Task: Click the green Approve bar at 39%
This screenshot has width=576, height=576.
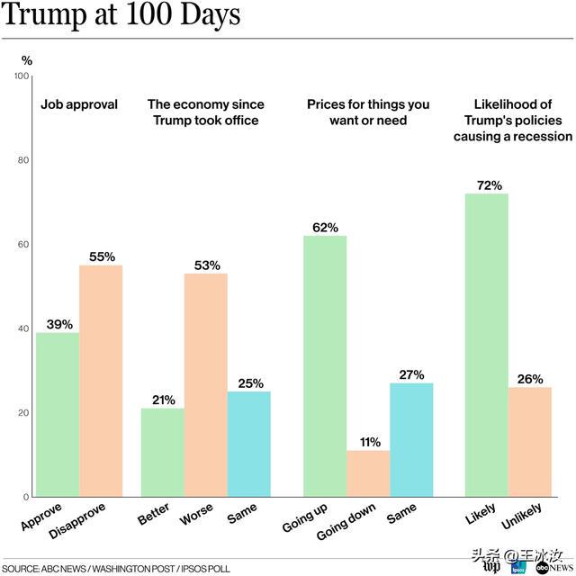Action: [58, 415]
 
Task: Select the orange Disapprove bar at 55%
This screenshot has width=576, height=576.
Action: [101, 381]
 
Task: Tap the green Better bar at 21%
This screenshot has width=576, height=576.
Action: [163, 453]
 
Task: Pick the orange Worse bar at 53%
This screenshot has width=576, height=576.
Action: [206, 385]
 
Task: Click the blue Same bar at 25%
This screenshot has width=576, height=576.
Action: [249, 444]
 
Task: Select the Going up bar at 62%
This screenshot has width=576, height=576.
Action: [325, 366]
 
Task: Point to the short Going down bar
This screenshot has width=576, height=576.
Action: [368, 474]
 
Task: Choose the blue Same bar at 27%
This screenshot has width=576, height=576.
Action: [411, 440]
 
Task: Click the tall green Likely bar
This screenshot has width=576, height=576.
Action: [487, 346]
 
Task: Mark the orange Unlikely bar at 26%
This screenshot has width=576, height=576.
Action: [530, 442]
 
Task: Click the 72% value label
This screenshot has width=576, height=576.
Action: [490, 185]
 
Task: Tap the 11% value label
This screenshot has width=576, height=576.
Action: [370, 442]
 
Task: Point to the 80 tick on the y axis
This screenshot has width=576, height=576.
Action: [23, 160]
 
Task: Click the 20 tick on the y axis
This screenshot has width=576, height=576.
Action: [23, 413]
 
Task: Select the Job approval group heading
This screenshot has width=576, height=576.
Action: [79, 104]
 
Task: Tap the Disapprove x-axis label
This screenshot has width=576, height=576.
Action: [77, 521]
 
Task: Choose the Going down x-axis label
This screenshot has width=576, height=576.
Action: [346, 521]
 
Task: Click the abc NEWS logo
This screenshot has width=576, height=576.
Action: [554, 568]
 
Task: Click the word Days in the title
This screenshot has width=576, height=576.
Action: [211, 14]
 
